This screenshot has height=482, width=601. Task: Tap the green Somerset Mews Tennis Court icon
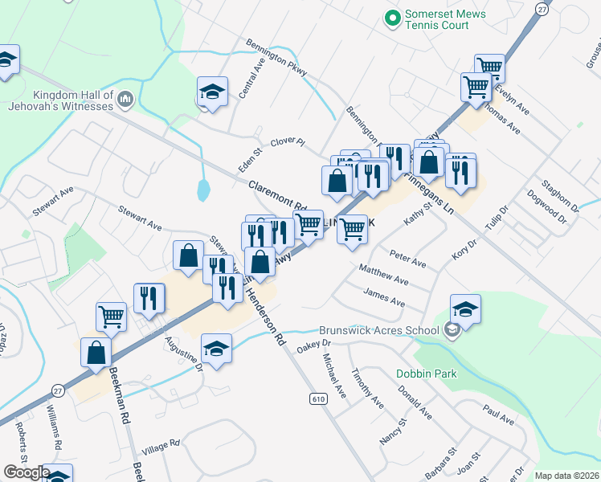click(x=393, y=16)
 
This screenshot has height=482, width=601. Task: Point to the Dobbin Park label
click(x=426, y=374)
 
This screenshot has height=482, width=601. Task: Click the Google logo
click(x=26, y=473)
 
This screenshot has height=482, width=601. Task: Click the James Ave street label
click(x=384, y=297)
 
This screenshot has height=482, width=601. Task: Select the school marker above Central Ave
click(x=212, y=92)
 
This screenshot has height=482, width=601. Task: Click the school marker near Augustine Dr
click(x=215, y=348)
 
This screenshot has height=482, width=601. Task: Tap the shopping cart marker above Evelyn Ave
click(x=489, y=68)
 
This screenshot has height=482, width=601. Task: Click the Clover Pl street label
click(x=288, y=142)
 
